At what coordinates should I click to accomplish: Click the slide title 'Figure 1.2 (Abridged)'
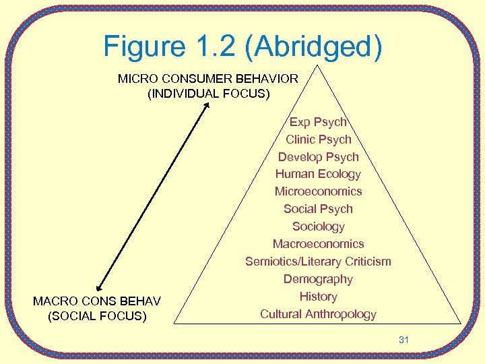(243, 46)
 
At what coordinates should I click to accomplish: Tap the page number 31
(403, 340)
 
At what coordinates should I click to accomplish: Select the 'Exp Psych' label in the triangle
(318, 122)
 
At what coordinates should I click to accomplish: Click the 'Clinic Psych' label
(318, 140)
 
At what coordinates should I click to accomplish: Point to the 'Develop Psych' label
(318, 157)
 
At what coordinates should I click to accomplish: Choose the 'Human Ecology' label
(318, 174)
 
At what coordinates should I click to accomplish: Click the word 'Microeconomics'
(318, 191)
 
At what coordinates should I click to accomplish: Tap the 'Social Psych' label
(318, 209)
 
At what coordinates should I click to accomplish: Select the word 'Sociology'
(318, 226)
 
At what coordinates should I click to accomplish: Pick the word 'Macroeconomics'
(318, 244)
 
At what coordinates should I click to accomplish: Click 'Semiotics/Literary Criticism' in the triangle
(318, 262)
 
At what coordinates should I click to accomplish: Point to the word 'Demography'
(318, 279)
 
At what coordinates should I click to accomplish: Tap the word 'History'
(318, 297)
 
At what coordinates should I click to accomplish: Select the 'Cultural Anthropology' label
(318, 314)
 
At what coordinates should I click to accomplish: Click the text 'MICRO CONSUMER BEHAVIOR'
(207, 79)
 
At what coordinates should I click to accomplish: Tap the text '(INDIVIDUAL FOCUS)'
(207, 94)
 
